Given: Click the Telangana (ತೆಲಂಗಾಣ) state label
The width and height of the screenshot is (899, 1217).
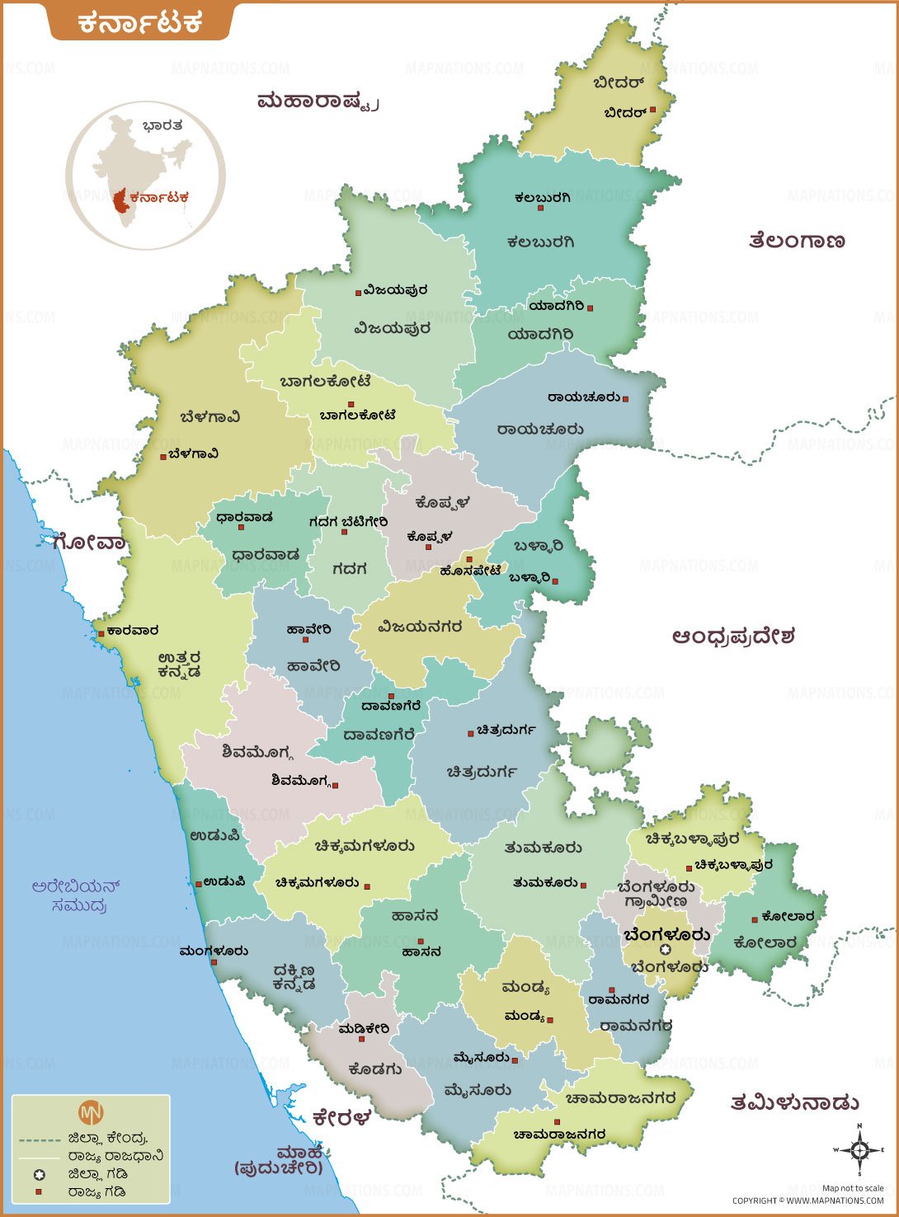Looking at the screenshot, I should pos(797,241).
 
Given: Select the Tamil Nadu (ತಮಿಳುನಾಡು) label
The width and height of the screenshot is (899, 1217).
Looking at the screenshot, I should pos(795,1102).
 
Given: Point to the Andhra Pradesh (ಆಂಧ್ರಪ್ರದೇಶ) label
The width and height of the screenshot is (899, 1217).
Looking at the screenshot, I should pos(733,637).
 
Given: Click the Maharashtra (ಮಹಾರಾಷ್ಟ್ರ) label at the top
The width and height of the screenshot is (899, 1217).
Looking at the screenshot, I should pos(318,101).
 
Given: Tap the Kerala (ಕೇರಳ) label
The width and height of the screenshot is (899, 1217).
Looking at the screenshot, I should pos(341,1118).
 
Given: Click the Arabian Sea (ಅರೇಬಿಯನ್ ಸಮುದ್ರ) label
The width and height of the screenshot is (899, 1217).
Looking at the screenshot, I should pos(77,896).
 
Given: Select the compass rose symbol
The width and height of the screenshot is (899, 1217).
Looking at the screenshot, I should pos(859,1149).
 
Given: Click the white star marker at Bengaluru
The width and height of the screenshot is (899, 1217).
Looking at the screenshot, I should pos(666,950).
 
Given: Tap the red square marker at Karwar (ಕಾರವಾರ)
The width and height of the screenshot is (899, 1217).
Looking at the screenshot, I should pos(101,633).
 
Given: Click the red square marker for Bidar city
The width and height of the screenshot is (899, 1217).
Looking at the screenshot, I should pos(652,110).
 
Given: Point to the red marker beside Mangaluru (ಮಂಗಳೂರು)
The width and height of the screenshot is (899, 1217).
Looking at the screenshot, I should pos(214,962).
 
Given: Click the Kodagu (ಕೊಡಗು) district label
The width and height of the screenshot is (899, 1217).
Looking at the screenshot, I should pos(375,1069).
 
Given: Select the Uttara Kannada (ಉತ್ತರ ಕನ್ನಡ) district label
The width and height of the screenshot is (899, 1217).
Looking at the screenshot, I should pos(179,665).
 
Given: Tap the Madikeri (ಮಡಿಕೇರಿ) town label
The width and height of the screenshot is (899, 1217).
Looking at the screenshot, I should pos(364,1029).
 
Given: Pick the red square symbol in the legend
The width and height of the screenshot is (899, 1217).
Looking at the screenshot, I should pos(39,1192).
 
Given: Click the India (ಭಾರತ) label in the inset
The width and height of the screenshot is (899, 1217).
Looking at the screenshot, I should pos(162,126).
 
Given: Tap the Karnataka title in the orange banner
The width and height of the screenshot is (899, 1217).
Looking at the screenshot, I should pos(140,22).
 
